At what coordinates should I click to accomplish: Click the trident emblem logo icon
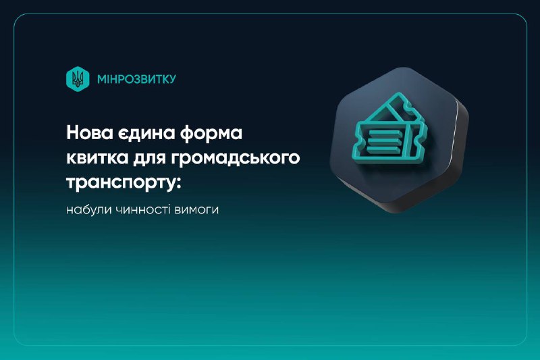click(79, 79)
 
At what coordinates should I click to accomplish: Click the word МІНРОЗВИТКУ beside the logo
click(136, 79)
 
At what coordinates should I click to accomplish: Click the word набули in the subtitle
click(86, 209)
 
